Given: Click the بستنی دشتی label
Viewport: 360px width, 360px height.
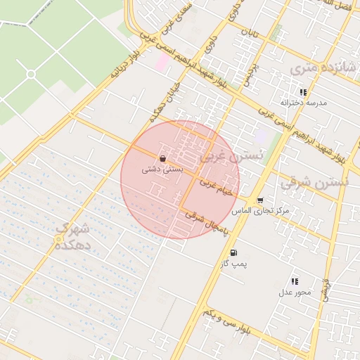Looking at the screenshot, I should [163, 169].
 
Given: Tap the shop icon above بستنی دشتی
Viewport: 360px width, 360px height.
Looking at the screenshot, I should [163, 158].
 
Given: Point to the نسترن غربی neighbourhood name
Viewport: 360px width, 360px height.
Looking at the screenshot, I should [231, 156].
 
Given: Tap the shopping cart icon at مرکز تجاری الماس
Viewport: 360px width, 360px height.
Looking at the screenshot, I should [260, 201].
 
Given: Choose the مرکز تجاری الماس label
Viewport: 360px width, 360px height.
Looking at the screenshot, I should [264, 212].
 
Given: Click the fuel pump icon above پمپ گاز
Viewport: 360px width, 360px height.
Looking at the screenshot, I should [233, 253].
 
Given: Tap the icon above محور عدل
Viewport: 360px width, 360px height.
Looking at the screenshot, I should [294, 281].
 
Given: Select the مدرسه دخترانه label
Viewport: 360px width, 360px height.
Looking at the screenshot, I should [304, 103].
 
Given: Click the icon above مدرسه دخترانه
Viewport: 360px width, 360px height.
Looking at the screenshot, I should [303, 92].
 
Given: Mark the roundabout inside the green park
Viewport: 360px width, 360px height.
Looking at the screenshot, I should [31, 74].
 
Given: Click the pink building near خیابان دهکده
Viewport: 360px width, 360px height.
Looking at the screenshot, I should [162, 62].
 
